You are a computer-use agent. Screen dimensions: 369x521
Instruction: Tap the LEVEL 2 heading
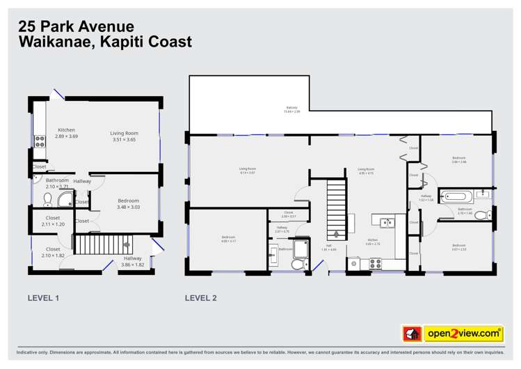point(201,298)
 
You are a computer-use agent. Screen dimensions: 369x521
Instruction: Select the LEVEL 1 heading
point(43,298)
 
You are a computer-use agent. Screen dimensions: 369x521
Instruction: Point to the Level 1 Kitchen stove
point(40,143)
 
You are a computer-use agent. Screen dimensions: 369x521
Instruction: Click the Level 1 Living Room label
point(125,136)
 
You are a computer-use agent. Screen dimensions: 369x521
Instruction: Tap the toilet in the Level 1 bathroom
point(47,201)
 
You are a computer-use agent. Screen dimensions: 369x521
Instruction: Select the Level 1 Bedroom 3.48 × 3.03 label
point(128,204)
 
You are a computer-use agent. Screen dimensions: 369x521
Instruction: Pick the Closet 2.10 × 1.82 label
point(53,252)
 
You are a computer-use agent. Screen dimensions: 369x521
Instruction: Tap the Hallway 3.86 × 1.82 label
point(132,262)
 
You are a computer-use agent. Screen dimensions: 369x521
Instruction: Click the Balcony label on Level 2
point(292,109)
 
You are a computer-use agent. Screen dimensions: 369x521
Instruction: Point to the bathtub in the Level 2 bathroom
point(456,195)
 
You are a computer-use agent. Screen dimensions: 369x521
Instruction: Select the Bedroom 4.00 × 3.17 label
point(228,240)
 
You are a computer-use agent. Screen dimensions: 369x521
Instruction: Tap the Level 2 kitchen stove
point(375,263)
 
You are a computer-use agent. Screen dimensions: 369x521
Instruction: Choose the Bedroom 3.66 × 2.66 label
point(459,160)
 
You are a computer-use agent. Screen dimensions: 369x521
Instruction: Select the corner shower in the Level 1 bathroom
point(65,201)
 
